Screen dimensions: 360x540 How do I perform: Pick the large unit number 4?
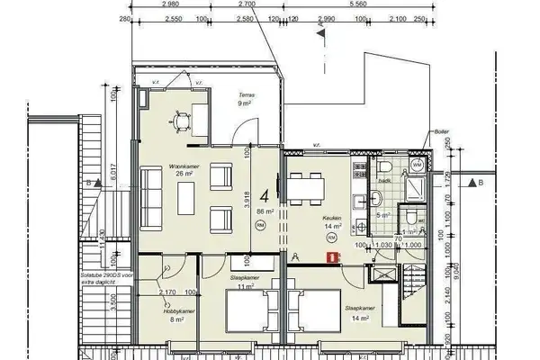265,194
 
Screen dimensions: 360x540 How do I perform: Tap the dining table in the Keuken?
306,185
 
